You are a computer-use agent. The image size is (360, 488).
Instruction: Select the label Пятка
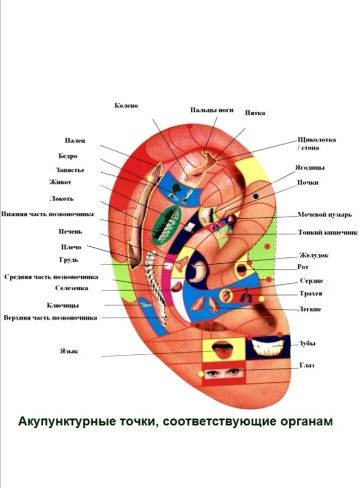[x=255, y=113]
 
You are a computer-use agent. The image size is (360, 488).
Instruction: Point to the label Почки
[x=308, y=183]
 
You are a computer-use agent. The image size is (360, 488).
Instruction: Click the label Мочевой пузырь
[x=324, y=215]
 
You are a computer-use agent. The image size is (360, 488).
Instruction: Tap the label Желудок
[x=313, y=255]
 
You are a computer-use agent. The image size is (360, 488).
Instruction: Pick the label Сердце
[x=311, y=281]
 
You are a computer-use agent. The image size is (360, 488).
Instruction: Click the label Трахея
[x=311, y=293]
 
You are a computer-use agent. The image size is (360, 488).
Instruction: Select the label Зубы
[x=307, y=343]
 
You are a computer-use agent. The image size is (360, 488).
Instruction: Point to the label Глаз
[x=306, y=366]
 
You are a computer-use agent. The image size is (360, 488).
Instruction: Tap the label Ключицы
[x=62, y=305]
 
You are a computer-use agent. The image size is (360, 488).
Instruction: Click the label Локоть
[x=61, y=198]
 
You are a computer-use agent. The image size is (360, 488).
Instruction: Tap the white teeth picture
[x=268, y=346]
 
